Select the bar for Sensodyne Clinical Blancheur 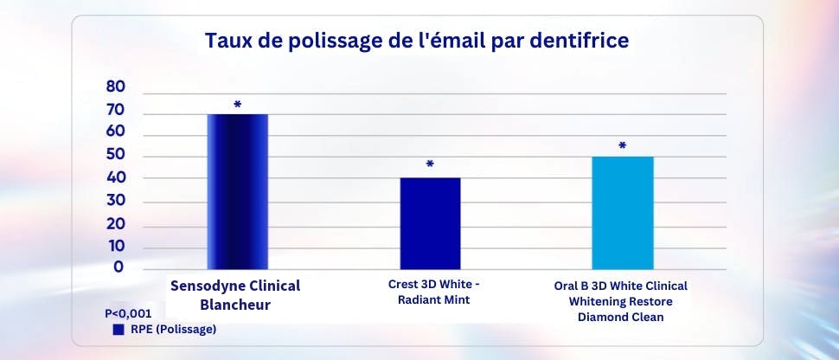(x=238, y=191)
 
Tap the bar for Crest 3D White (x=430, y=223)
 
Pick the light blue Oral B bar (x=623, y=213)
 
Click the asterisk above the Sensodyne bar (x=238, y=105)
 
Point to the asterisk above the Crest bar (x=430, y=164)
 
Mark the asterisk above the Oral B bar (x=622, y=146)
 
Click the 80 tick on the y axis (x=116, y=87)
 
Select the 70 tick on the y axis (x=116, y=111)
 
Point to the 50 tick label (x=116, y=156)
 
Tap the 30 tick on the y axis (x=116, y=202)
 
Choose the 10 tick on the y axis (x=116, y=247)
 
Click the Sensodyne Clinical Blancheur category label (x=235, y=294)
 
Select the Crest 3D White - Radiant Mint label (x=430, y=292)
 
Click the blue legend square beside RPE (x=118, y=330)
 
